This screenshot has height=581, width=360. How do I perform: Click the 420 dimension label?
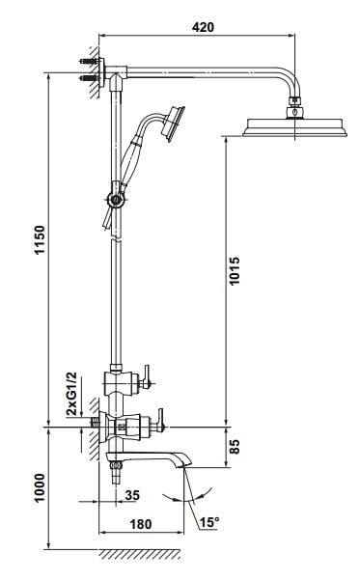pyautogui.click(x=203, y=27)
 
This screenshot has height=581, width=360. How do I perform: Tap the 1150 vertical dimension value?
pyautogui.click(x=40, y=239)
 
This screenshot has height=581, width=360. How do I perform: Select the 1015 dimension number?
pyautogui.click(x=235, y=271)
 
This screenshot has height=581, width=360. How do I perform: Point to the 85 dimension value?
pyautogui.click(x=235, y=447)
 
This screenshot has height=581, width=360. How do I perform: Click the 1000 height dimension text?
pyautogui.click(x=40, y=487)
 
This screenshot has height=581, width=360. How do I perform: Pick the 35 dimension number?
pyautogui.click(x=132, y=495)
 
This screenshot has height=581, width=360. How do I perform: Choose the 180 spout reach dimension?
pyautogui.click(x=141, y=524)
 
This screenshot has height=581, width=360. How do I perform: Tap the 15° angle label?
pyautogui.click(x=209, y=522)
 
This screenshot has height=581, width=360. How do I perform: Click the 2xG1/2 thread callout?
pyautogui.click(x=71, y=394)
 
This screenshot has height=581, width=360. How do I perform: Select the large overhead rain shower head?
pyautogui.click(x=294, y=127)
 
